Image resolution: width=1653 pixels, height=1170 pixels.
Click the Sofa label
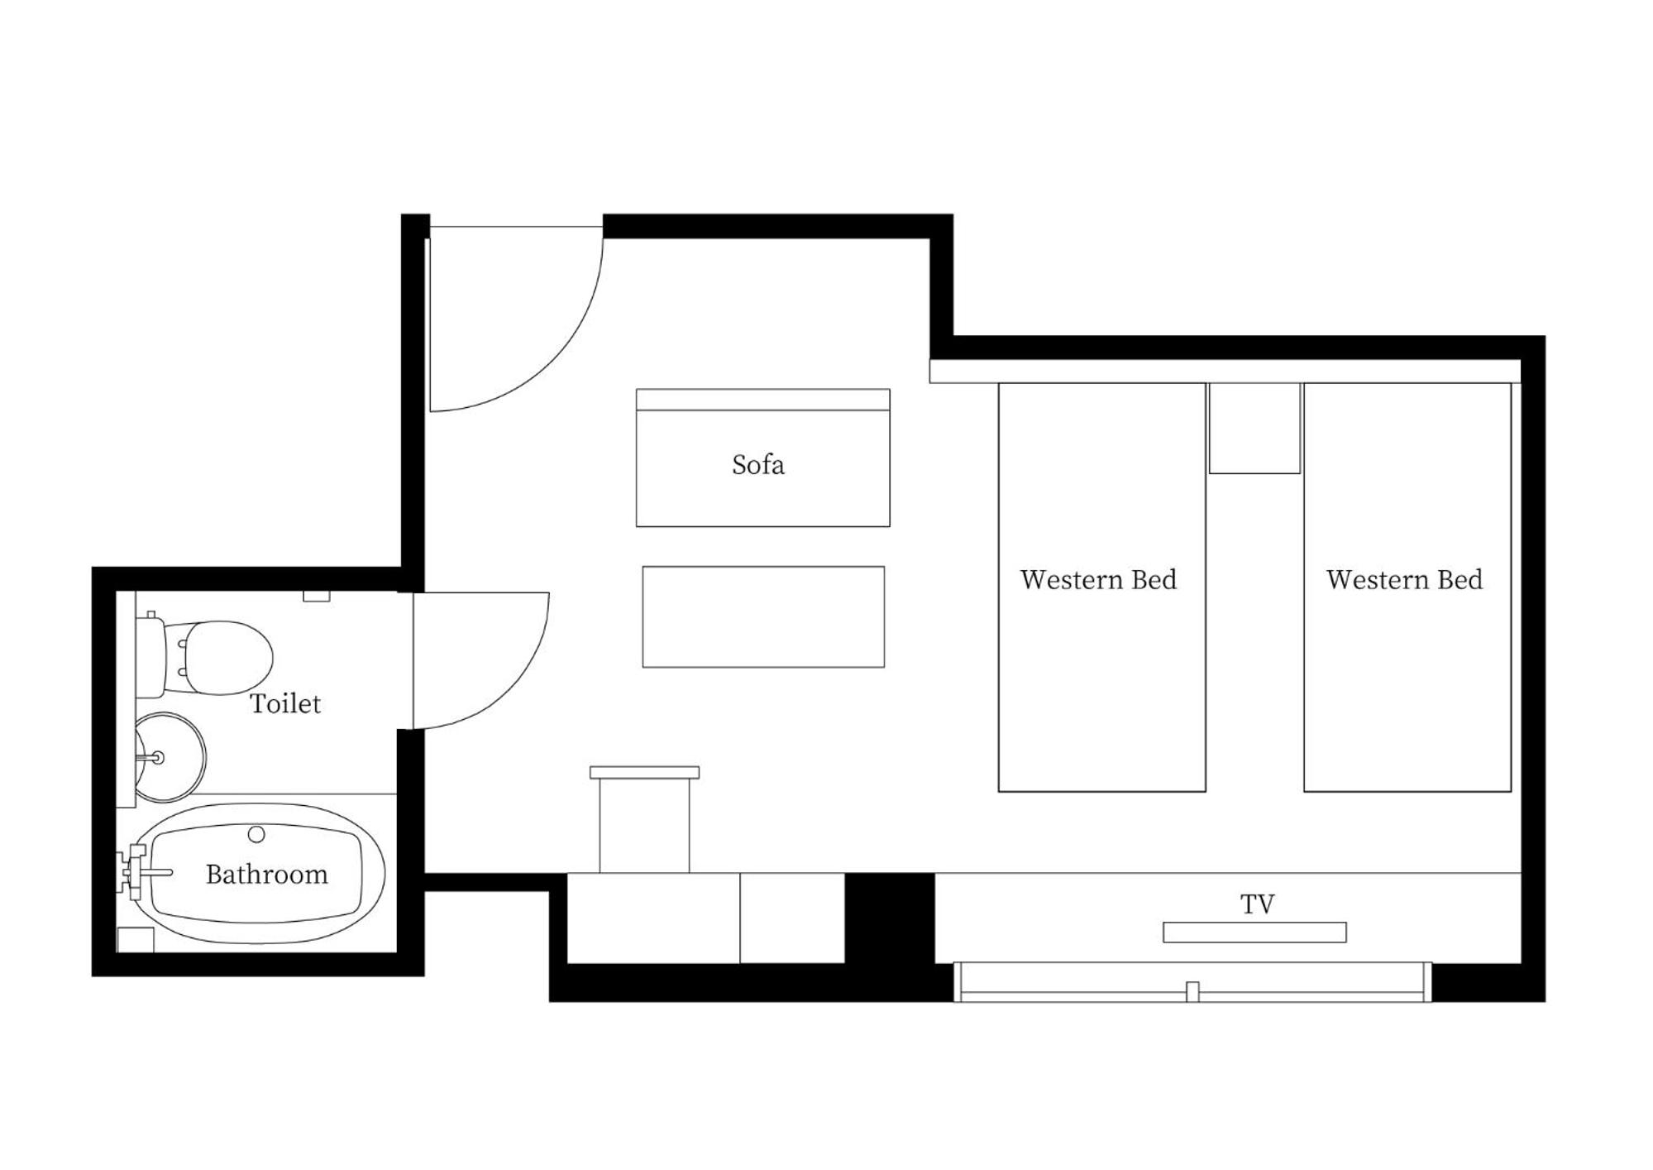pos(757,464)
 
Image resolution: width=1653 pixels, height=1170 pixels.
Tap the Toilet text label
pos(285,703)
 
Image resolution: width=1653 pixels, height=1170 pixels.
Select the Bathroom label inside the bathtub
pos(266,874)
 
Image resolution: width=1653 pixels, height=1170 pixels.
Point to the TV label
pos(1257,904)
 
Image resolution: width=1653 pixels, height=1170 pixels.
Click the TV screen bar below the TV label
pos(1254,933)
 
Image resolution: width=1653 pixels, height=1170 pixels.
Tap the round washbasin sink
pos(170,757)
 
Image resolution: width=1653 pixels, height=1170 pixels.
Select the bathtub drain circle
pos(256,835)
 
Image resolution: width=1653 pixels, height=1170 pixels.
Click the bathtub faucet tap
pos(146,872)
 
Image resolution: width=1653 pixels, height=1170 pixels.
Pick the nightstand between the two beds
pos(1254,428)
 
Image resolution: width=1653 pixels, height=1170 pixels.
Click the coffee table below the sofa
pos(763,616)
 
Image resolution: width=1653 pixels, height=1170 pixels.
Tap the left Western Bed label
pos(1098,579)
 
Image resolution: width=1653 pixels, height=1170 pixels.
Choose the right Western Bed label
pos(1404,579)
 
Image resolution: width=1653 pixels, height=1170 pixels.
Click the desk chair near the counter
pos(644,819)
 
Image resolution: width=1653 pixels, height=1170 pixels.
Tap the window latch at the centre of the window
pos(1192,991)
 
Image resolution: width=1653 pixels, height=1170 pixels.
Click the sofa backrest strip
pos(762,400)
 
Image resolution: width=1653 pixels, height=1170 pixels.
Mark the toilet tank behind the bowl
pos(150,656)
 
